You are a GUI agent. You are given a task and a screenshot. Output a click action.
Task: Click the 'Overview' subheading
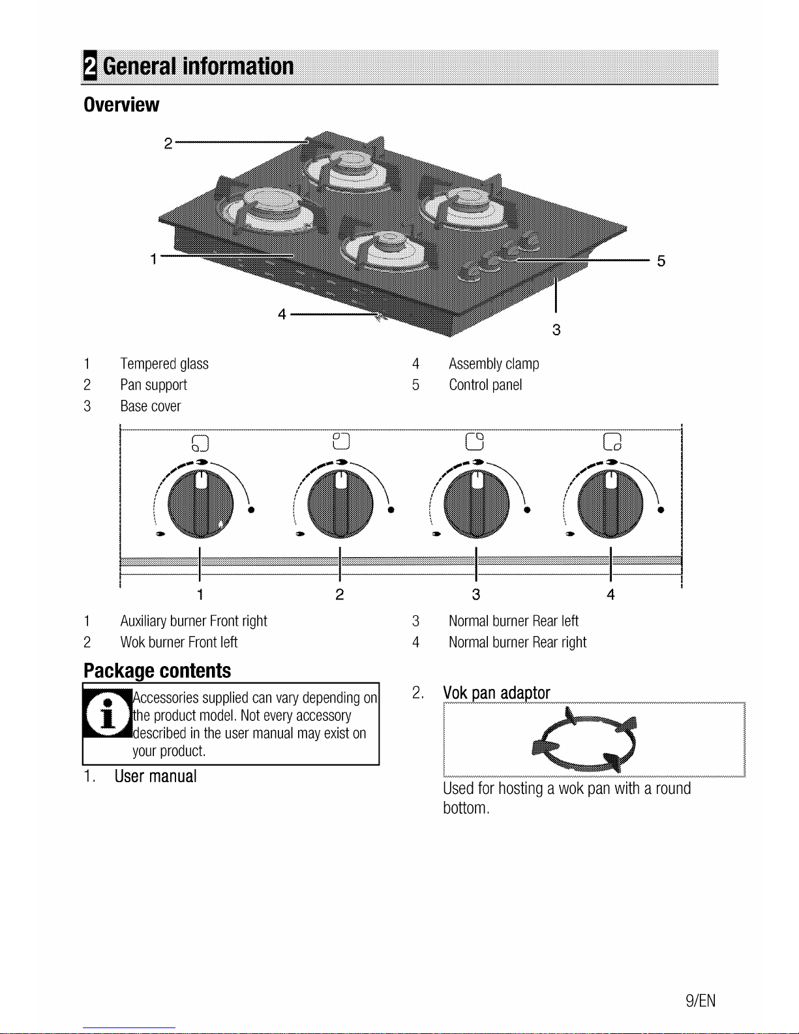(121, 104)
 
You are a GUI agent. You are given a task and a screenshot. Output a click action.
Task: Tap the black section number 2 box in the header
(90, 65)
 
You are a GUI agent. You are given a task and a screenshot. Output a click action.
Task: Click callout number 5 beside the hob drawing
(661, 261)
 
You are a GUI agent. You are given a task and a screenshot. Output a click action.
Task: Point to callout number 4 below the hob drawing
(282, 314)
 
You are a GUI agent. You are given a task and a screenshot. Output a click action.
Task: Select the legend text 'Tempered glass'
(164, 363)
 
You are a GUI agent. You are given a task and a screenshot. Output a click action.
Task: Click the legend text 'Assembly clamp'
(494, 363)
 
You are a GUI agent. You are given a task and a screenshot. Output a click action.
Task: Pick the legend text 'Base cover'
(150, 406)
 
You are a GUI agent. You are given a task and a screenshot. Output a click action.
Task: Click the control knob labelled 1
(201, 504)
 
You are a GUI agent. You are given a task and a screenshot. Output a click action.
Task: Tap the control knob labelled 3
(477, 504)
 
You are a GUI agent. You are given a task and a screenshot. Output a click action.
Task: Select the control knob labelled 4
(611, 504)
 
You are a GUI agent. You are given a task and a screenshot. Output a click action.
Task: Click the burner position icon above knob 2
(341, 441)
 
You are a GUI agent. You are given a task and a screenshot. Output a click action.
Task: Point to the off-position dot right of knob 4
(661, 510)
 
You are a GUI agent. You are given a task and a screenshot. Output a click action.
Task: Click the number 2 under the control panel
(340, 594)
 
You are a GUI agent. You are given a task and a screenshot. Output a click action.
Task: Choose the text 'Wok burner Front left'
(179, 642)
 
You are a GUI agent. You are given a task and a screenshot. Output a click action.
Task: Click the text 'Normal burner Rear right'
(517, 642)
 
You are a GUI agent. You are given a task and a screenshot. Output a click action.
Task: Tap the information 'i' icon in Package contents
(108, 713)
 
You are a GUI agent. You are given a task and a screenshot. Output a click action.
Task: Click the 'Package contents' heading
(157, 671)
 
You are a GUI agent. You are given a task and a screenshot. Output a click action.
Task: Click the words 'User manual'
(155, 776)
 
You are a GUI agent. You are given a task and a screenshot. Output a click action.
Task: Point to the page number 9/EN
(700, 1001)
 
